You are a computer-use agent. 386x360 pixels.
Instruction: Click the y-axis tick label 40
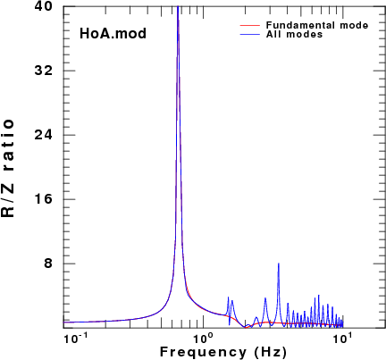pyautogui.click(x=43, y=6)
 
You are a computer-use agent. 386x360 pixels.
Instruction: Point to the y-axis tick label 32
pyautogui.click(x=43, y=71)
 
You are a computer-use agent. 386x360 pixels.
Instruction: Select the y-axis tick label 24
pyautogui.click(x=43, y=135)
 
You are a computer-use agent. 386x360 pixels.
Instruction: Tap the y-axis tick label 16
pyautogui.click(x=44, y=199)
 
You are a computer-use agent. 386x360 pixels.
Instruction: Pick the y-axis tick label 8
pyautogui.click(x=48, y=264)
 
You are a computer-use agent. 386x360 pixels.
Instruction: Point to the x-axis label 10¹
pyautogui.click(x=343, y=339)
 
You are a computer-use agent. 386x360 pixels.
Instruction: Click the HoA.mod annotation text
pyautogui.click(x=113, y=33)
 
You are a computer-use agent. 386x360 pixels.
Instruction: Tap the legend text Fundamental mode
pyautogui.click(x=317, y=25)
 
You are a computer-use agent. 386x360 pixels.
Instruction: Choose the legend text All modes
pyautogui.click(x=294, y=34)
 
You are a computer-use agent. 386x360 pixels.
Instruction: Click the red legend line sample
pyautogui.click(x=250, y=26)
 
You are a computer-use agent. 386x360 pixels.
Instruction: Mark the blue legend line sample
pyautogui.click(x=250, y=35)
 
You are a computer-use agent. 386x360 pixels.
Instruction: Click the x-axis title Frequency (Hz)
pyautogui.click(x=223, y=352)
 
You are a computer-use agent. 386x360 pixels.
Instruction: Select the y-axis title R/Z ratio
pyautogui.click(x=8, y=168)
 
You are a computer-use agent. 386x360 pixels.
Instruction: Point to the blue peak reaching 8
pyautogui.click(x=279, y=264)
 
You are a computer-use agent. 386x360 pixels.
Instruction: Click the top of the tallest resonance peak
pyautogui.click(x=178, y=6)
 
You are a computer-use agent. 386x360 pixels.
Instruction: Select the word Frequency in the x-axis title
pyautogui.click(x=204, y=352)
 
